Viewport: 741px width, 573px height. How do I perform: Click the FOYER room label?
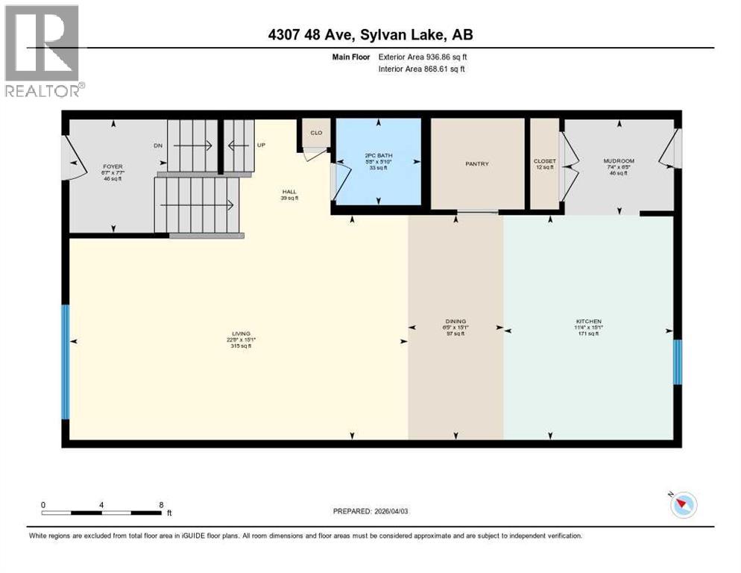(x=113, y=166)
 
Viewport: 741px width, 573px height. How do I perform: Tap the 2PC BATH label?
(x=378, y=154)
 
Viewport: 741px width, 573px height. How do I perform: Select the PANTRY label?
(x=476, y=164)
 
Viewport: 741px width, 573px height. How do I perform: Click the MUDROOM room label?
(x=618, y=160)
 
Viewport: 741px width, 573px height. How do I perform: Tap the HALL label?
(x=288, y=191)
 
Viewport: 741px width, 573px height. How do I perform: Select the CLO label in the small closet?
(x=315, y=133)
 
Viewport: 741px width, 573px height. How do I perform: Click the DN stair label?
(x=158, y=145)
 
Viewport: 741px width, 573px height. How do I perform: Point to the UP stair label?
(x=261, y=145)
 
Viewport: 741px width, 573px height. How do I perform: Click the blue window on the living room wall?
(x=65, y=363)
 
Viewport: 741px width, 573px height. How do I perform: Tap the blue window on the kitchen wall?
(x=677, y=362)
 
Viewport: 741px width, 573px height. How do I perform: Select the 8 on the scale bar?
(x=162, y=504)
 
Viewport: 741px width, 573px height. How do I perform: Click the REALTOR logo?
(x=42, y=50)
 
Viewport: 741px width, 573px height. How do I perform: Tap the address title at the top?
(x=370, y=34)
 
